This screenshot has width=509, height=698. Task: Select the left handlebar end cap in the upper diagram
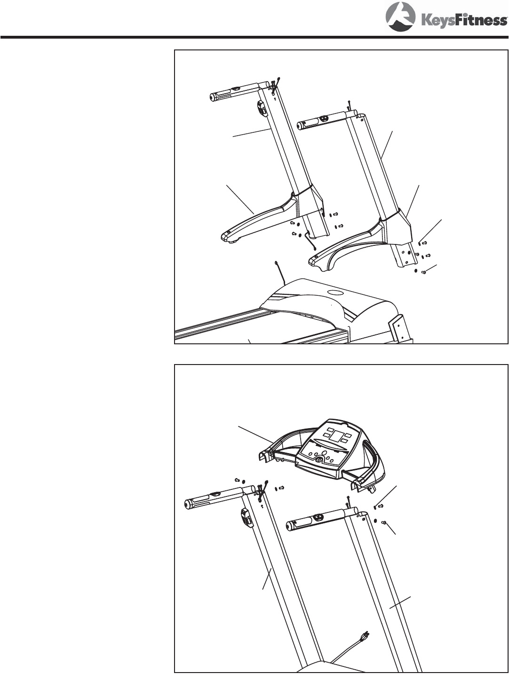(213, 97)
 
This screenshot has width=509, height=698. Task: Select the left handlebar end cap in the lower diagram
(187, 504)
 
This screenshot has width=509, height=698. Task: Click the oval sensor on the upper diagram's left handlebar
(235, 89)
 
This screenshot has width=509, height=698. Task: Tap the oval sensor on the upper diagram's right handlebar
(322, 119)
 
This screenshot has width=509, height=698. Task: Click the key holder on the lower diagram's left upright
(245, 518)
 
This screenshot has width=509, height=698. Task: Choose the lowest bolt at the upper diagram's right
(424, 271)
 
